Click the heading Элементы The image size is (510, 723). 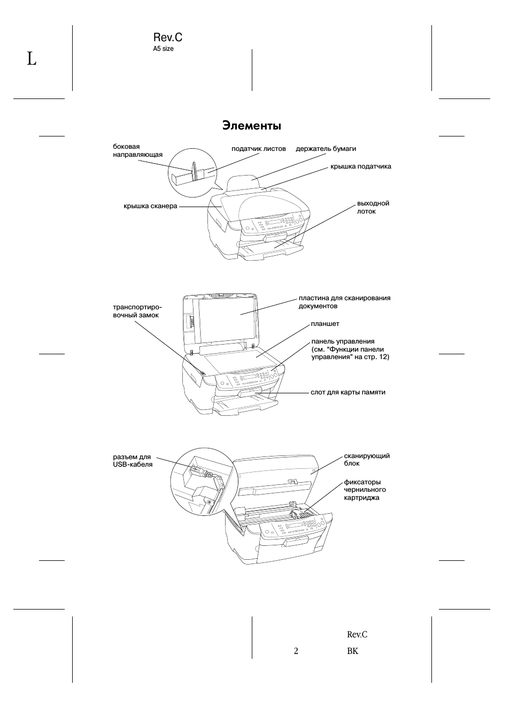tap(251, 126)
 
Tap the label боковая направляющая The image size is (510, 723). tap(137, 151)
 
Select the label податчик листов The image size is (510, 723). tap(259, 149)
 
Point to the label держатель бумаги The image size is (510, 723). tap(326, 149)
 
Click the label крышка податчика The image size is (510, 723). tap(361, 166)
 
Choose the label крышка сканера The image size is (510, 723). tap(150, 206)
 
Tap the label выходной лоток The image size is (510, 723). tap(373, 208)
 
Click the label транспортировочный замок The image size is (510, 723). tap(137, 311)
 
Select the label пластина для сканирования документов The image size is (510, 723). tap(344, 302)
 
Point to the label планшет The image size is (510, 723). tap(325, 324)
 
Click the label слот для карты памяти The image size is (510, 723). tap(348, 392)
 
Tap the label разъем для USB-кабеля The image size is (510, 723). tap(133, 461)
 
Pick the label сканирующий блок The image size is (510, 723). tap(367, 460)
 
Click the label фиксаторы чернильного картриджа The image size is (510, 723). tap(365, 490)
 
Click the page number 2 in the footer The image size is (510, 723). tap(296, 651)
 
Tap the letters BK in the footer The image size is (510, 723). tap(353, 651)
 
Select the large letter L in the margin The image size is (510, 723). tap(32, 59)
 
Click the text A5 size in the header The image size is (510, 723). tap(163, 49)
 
